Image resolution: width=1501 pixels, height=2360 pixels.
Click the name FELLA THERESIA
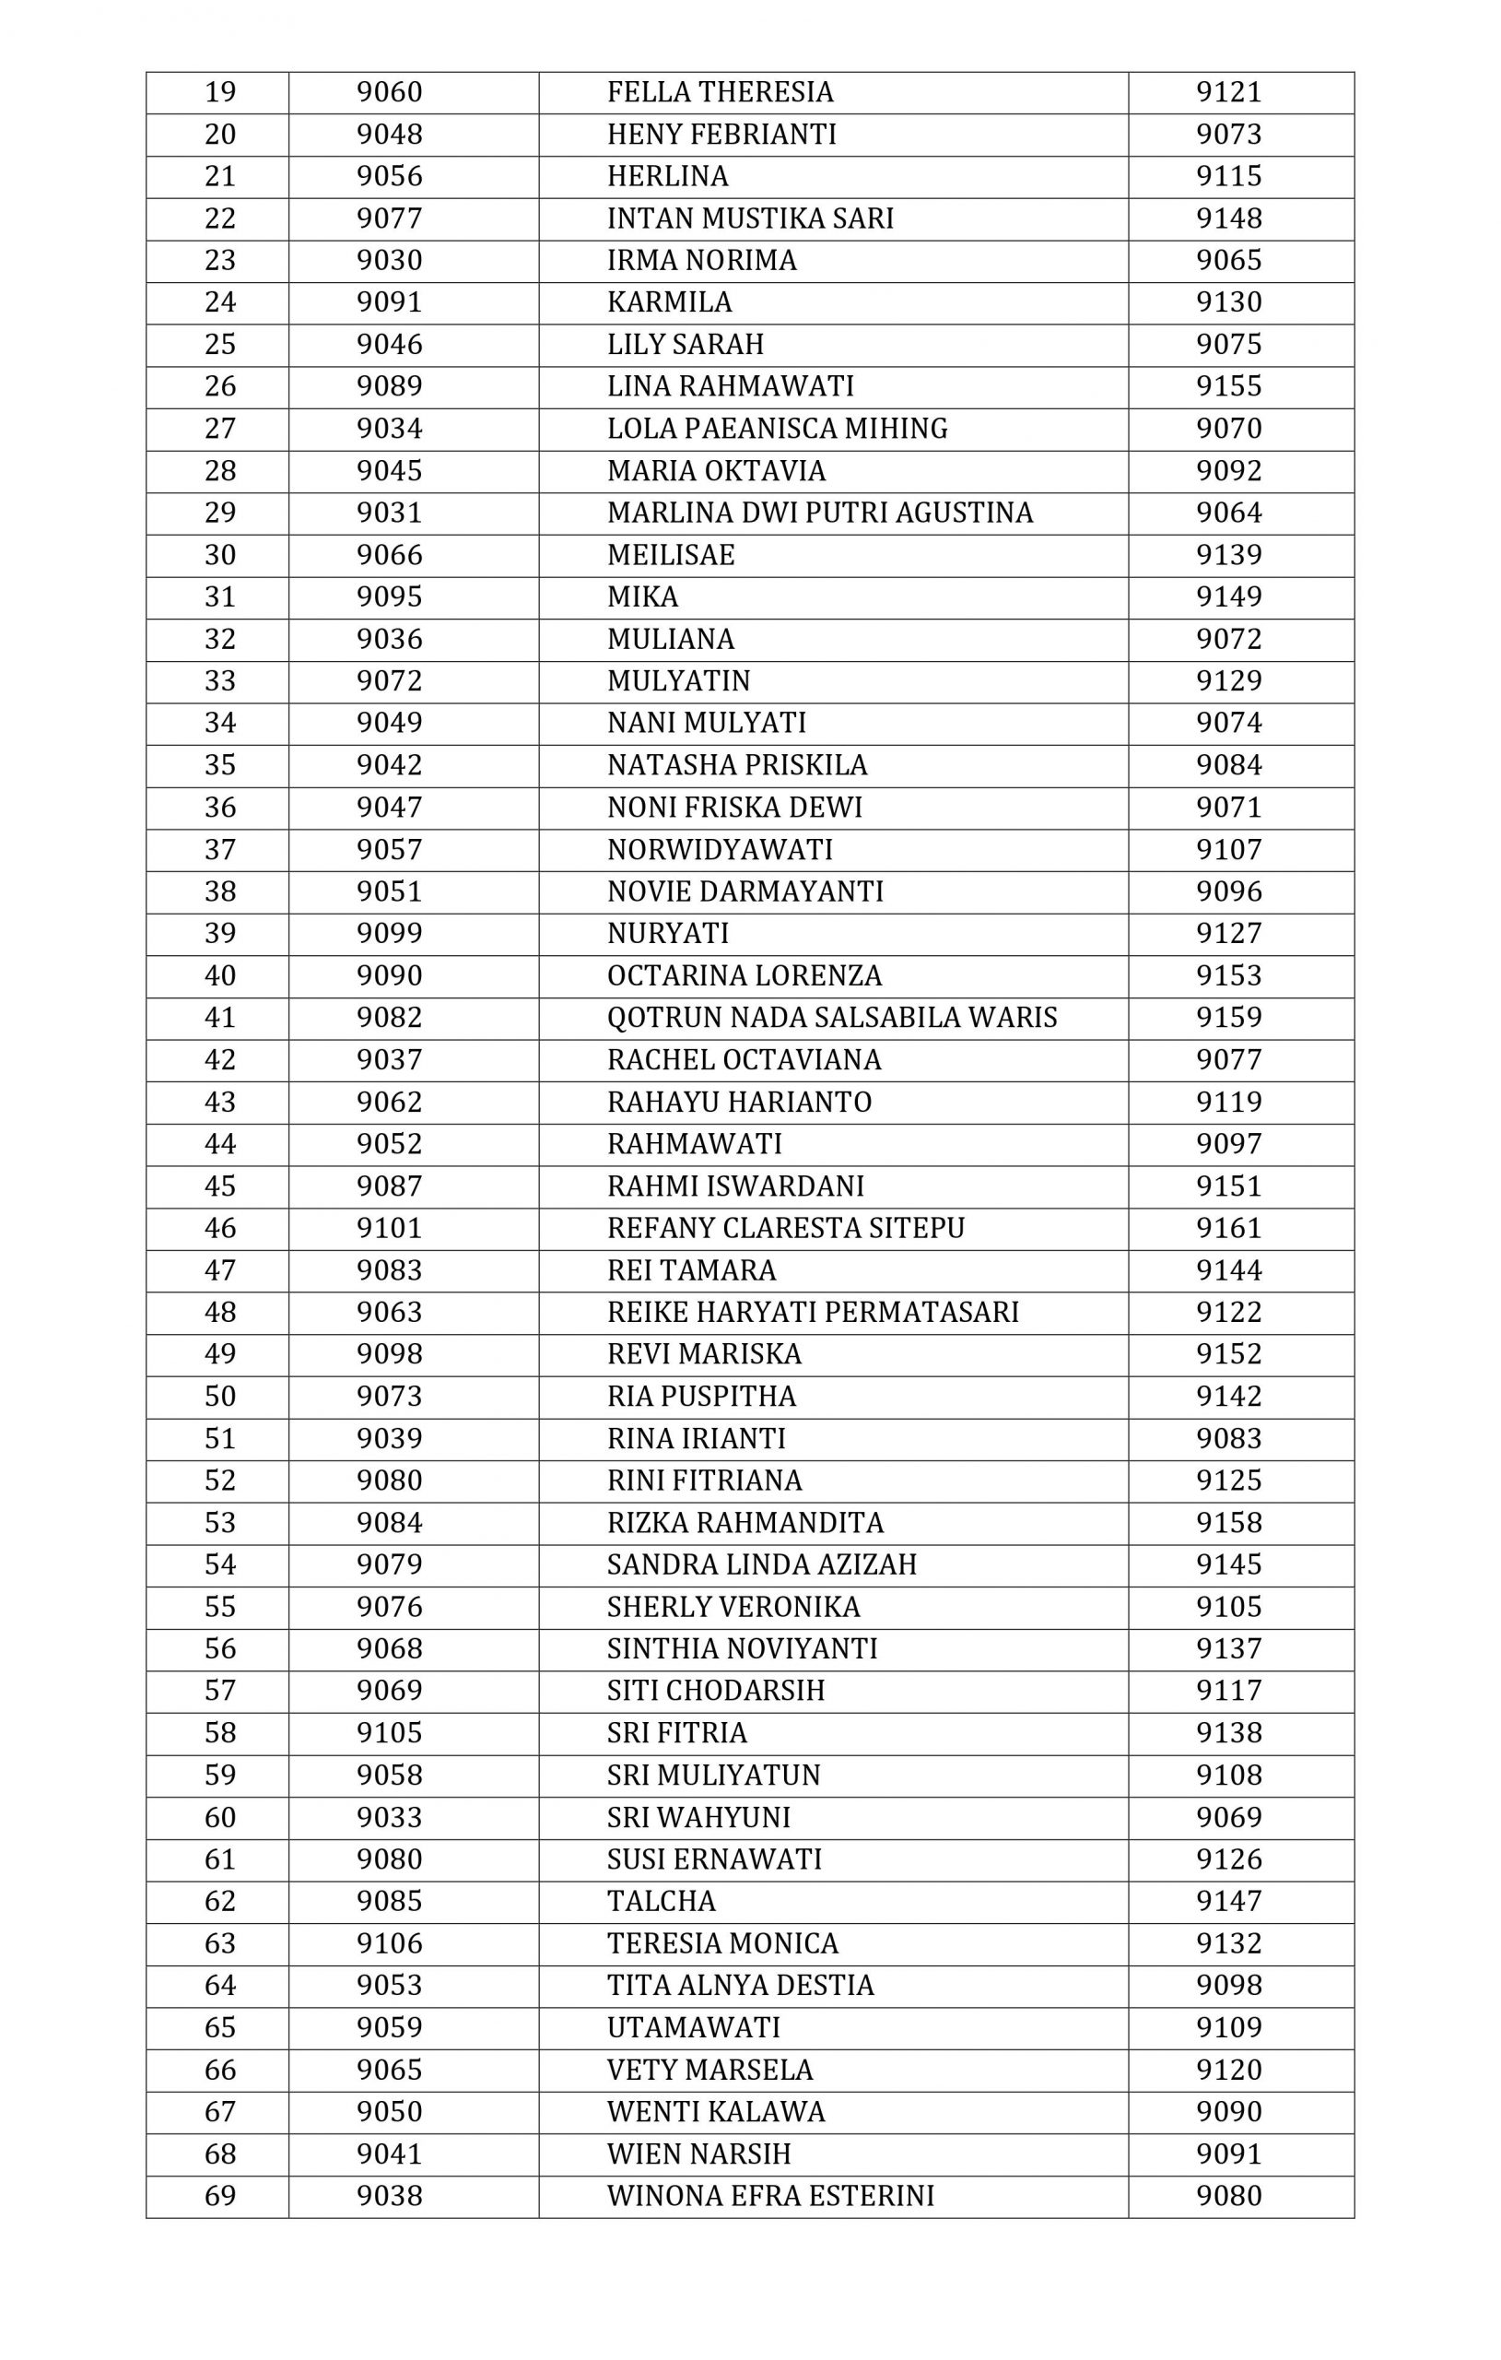tap(721, 92)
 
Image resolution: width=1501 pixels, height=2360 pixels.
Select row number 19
tap(219, 92)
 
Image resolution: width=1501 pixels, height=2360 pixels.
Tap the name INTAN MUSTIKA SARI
tap(750, 218)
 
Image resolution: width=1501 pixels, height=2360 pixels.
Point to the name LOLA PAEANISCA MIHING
tap(777, 429)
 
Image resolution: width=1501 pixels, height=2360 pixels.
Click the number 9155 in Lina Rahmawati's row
tap(1228, 386)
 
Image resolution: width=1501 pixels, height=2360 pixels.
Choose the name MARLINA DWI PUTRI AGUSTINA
tap(820, 513)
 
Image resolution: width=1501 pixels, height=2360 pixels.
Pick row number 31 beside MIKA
tap(219, 596)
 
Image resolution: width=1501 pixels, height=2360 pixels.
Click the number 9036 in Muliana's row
tap(389, 639)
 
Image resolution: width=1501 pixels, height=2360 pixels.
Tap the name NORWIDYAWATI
tap(721, 850)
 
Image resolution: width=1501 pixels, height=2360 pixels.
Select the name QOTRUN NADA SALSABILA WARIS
tap(832, 1018)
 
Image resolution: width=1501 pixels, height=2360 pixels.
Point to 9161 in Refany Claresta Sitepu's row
tap(1228, 1228)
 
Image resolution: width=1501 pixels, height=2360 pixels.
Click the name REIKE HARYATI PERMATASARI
tap(814, 1313)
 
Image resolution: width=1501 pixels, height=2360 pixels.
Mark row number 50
tap(219, 1397)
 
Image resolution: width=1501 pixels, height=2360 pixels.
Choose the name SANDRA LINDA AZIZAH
tap(761, 1564)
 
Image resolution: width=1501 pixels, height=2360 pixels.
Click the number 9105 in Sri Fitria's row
tap(389, 1733)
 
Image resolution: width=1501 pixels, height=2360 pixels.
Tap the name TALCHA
tap(662, 1901)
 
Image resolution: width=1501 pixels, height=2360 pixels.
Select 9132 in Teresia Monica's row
tap(1228, 1943)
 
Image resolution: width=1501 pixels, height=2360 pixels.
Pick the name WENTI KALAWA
tap(716, 2112)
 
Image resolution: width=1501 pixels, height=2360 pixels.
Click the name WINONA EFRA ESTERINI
tap(770, 2196)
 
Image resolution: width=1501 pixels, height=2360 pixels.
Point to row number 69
tap(219, 2196)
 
